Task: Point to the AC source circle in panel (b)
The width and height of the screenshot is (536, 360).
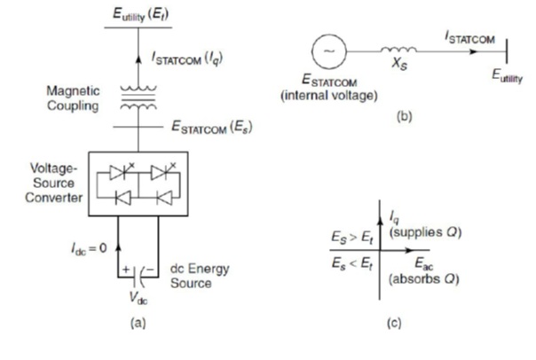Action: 330,49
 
